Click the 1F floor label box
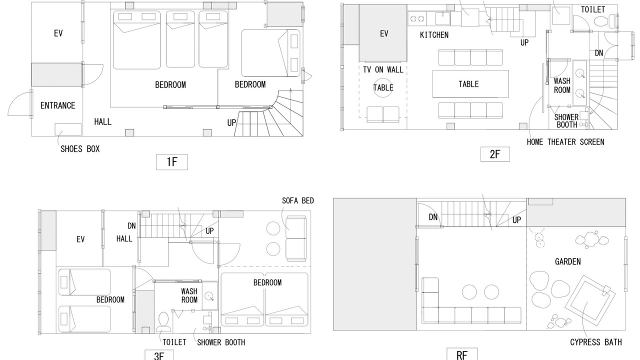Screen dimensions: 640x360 [171, 162]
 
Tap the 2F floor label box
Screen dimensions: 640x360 [495, 154]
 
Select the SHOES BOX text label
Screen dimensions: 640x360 [80, 149]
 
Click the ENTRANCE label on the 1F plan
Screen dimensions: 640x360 [57, 105]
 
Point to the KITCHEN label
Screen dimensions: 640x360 [434, 35]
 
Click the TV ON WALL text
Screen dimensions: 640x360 [383, 69]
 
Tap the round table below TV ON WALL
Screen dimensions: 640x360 [383, 87]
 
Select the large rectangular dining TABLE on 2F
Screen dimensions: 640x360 [470, 84]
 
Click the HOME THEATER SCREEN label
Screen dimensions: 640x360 [565, 142]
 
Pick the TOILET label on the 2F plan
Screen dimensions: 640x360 [593, 9]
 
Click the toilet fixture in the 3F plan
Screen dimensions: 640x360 [163, 322]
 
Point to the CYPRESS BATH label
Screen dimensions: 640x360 [595, 342]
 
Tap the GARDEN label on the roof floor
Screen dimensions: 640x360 [567, 261]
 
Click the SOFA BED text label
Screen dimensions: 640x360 [297, 201]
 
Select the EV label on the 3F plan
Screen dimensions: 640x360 [80, 239]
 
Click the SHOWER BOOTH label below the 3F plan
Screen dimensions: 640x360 [221, 342]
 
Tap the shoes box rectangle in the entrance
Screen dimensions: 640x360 [68, 129]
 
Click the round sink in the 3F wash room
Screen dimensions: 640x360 [209, 296]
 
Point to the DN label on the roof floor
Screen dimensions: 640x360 [433, 217]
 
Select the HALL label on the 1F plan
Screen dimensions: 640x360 [103, 122]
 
